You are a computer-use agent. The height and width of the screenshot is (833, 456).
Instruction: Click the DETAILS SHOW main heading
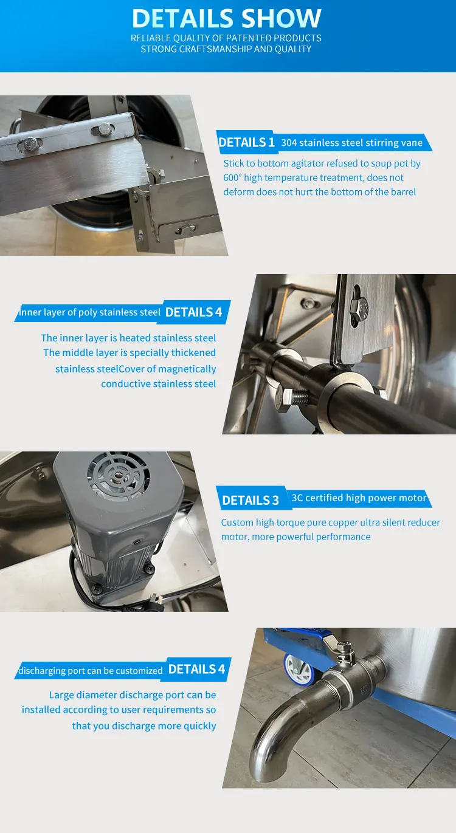(x=226, y=19)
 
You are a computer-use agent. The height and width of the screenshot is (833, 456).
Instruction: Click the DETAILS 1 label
(x=246, y=143)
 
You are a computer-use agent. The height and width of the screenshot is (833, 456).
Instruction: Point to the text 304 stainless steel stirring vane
(x=351, y=143)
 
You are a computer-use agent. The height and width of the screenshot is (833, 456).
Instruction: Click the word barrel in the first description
(x=402, y=192)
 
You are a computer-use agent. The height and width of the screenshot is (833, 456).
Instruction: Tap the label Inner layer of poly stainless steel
(x=89, y=312)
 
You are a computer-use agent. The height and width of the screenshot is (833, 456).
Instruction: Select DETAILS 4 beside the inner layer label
(x=194, y=312)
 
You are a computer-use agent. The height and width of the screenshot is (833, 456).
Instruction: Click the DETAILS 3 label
(x=250, y=501)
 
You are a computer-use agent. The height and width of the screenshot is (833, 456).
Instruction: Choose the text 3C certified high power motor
(x=359, y=498)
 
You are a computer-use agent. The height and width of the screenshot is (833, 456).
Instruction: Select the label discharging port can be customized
(x=91, y=671)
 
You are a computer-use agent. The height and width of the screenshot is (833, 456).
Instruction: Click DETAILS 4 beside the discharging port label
(x=196, y=670)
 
